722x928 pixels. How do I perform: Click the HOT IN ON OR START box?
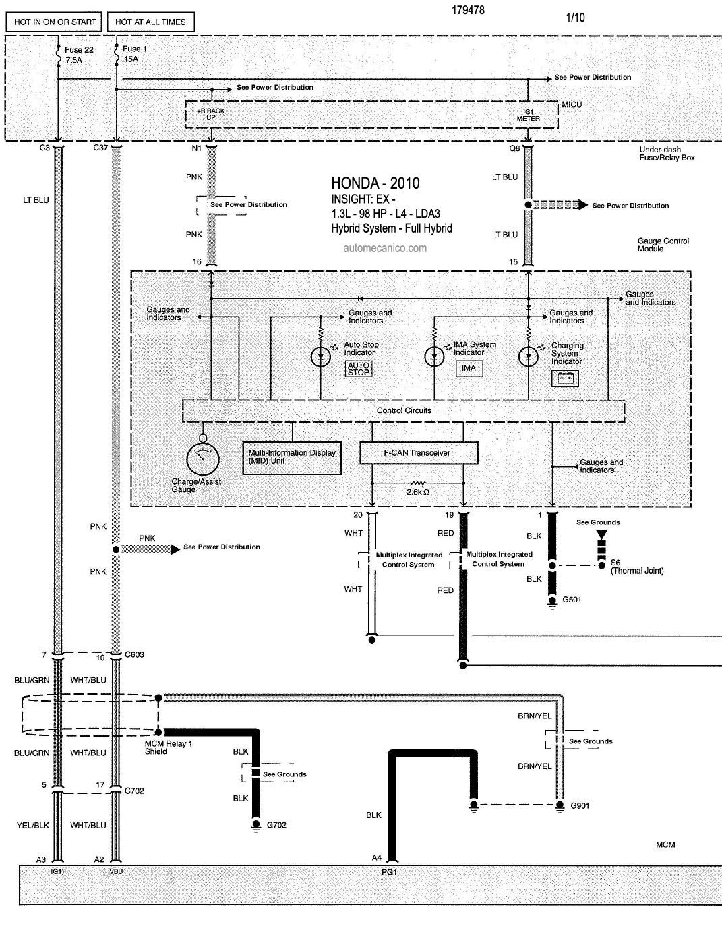pyautogui.click(x=54, y=22)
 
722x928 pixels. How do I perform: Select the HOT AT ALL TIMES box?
pyautogui.click(x=150, y=22)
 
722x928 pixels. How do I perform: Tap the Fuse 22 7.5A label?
pyautogui.click(x=79, y=55)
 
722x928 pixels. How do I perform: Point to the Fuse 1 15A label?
pyautogui.click(x=135, y=54)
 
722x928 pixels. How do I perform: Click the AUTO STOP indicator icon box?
pyautogui.click(x=359, y=369)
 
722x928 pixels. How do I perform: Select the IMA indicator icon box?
pyautogui.click(x=469, y=369)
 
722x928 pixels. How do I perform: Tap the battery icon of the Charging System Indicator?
pyautogui.click(x=565, y=378)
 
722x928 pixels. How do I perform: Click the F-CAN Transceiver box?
pyautogui.click(x=419, y=453)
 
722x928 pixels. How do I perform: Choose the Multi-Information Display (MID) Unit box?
pyautogui.click(x=292, y=458)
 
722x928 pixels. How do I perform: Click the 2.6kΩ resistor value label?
pyautogui.click(x=418, y=492)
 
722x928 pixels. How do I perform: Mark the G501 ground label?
pyautogui.click(x=572, y=600)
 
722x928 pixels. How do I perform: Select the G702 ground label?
pyautogui.click(x=276, y=825)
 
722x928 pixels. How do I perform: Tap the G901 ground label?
pyautogui.click(x=580, y=805)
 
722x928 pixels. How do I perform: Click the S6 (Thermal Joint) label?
pyautogui.click(x=637, y=567)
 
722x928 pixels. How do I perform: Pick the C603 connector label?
pyautogui.click(x=134, y=654)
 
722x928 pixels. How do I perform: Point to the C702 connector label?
pyautogui.click(x=134, y=791)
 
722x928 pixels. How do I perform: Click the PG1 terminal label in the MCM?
pyautogui.click(x=389, y=872)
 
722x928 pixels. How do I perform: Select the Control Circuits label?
pyautogui.click(x=404, y=410)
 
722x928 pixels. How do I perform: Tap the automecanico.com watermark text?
pyautogui.click(x=385, y=248)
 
